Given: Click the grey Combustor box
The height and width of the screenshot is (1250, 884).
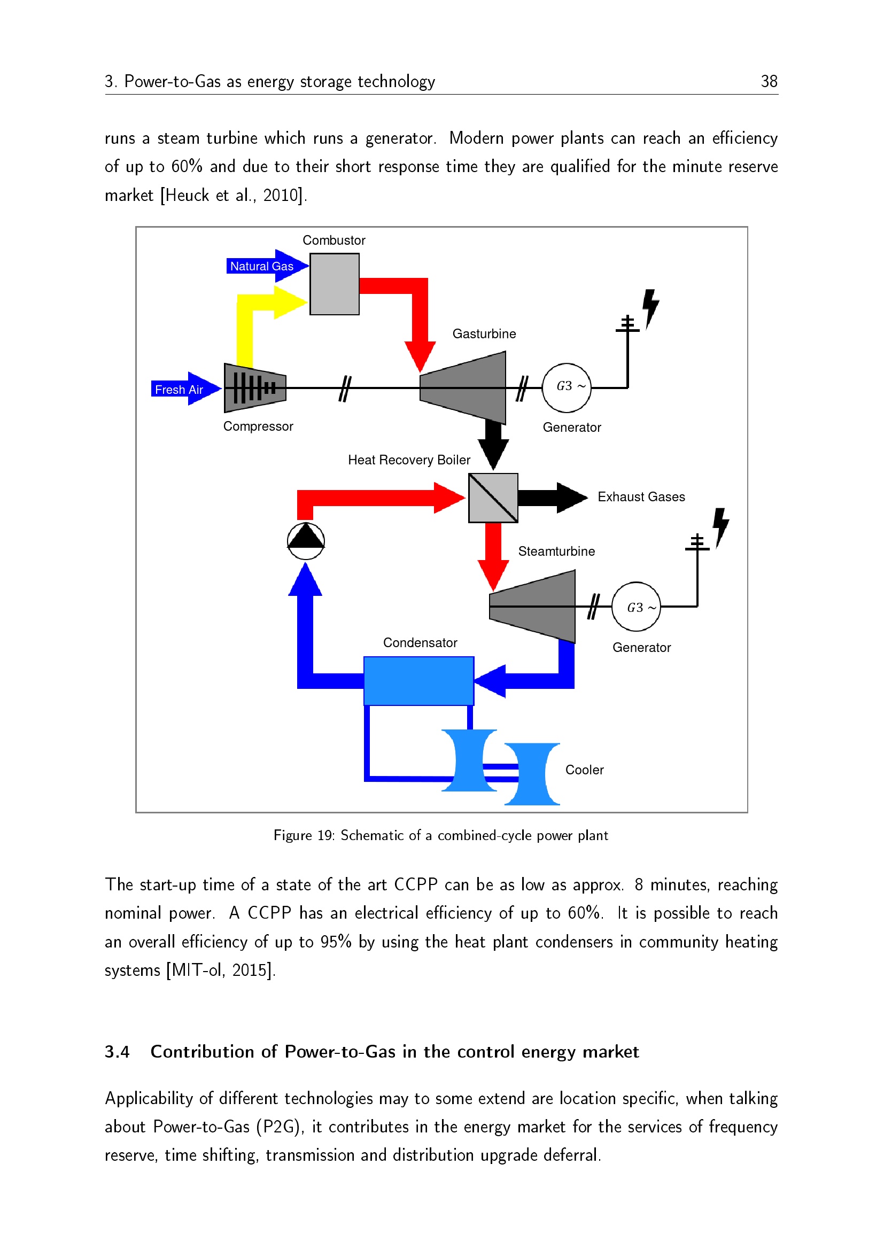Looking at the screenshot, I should (x=334, y=284).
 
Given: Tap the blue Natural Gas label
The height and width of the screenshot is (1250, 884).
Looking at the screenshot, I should (x=261, y=266).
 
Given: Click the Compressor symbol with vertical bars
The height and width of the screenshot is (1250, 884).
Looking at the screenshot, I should (x=255, y=387).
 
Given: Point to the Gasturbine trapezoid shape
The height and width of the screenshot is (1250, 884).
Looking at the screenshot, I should (x=463, y=387).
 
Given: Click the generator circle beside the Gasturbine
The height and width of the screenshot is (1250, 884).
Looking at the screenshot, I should (x=566, y=387).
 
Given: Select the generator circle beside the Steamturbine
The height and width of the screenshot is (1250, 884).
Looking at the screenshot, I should (x=636, y=607).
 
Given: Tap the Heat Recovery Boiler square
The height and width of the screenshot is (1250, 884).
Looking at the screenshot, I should (x=493, y=498).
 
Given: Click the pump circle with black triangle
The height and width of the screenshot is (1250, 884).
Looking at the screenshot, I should (x=306, y=541).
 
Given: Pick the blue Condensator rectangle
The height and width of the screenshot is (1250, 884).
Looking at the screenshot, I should (x=418, y=680).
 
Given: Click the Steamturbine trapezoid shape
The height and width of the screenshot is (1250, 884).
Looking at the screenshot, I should (x=533, y=606).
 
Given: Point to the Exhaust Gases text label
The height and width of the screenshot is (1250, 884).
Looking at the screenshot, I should (x=641, y=497).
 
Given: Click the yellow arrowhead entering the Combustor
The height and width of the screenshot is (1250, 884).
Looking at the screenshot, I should (x=290, y=302).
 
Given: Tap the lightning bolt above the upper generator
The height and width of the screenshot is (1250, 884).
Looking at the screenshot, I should (x=650, y=308).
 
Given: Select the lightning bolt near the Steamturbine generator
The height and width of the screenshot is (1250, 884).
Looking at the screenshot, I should (x=720, y=526).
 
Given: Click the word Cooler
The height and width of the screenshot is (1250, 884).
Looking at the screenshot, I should (x=585, y=770).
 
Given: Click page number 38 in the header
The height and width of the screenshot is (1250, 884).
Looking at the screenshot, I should (x=769, y=82).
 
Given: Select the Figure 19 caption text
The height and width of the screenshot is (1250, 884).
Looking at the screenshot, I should (x=440, y=835).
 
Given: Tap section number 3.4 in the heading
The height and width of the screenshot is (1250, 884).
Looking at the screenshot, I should (x=117, y=1051).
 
